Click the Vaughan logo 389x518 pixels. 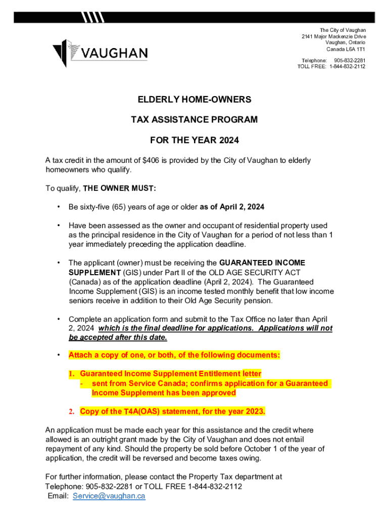(x=100, y=53)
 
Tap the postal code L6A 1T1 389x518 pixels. (x=354, y=50)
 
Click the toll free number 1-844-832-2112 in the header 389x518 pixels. (x=348, y=67)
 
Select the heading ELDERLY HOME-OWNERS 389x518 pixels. (x=194, y=100)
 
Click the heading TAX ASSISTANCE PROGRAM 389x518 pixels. (x=194, y=120)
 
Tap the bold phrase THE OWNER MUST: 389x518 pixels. (x=120, y=189)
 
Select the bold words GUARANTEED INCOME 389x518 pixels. (x=262, y=263)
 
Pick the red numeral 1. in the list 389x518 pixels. (x=72, y=374)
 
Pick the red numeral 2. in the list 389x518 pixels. (x=72, y=411)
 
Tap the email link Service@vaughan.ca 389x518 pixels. (x=109, y=496)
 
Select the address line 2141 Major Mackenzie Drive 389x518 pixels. (x=333, y=37)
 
